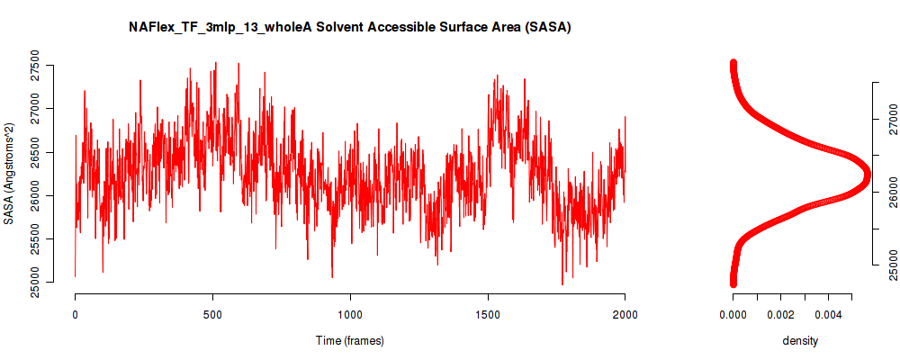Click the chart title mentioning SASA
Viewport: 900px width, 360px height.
[349, 28]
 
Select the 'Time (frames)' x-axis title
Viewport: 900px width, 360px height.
[349, 340]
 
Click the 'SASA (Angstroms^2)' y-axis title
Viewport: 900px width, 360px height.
[9, 174]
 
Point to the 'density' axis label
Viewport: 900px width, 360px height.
[800, 341]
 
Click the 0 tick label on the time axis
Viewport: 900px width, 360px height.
[76, 314]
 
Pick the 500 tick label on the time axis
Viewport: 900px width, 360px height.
[213, 314]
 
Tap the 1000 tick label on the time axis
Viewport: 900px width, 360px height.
[350, 314]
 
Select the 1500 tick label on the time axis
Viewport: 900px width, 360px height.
[488, 314]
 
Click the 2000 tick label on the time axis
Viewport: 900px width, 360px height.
[625, 314]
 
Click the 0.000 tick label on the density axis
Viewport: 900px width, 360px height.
[733, 314]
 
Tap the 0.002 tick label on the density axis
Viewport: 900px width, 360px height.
[780, 314]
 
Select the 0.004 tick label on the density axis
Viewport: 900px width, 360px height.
[828, 314]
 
